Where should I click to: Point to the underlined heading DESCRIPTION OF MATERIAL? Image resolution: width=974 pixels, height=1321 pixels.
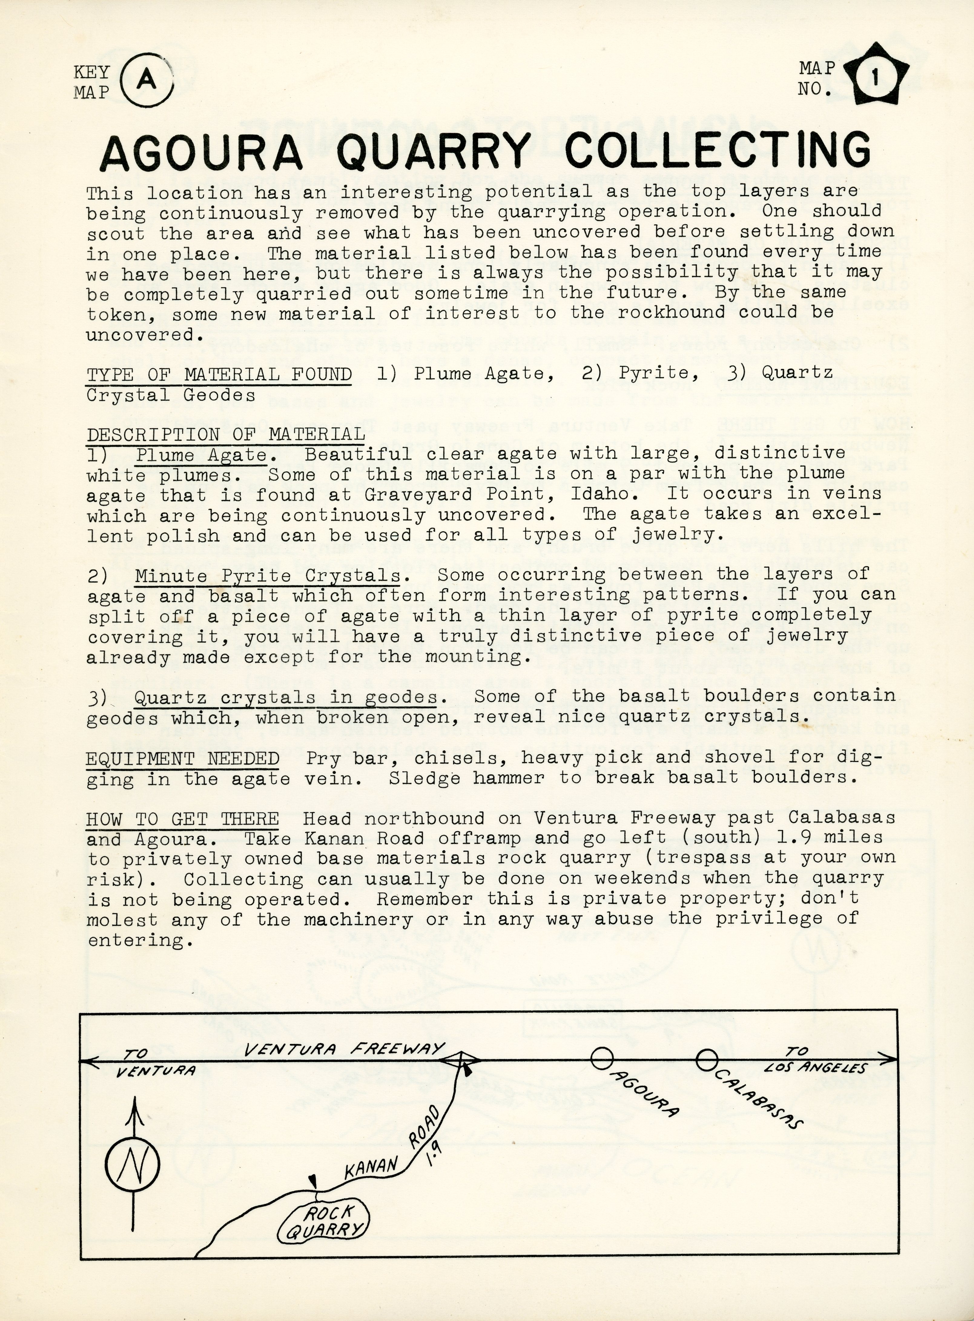point(226,434)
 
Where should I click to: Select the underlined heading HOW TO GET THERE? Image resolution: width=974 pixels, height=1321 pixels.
point(182,819)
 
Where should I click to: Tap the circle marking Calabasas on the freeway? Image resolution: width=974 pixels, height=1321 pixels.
point(706,1060)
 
